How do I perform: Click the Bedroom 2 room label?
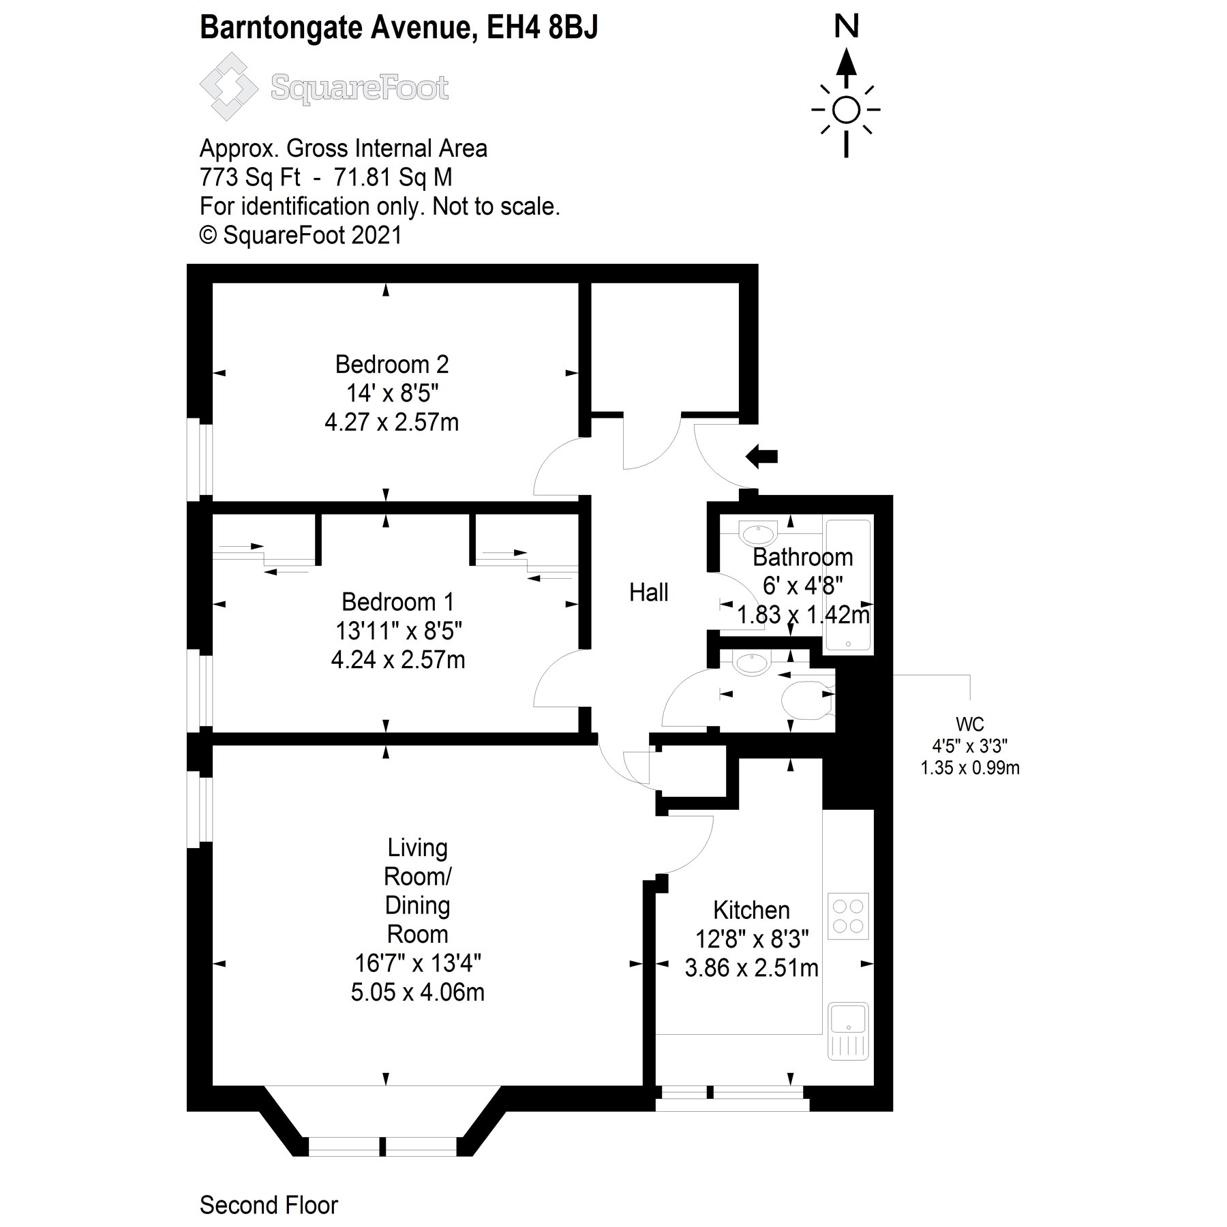pyautogui.click(x=391, y=365)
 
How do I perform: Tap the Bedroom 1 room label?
pyautogui.click(x=397, y=602)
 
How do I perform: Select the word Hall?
pyautogui.click(x=648, y=592)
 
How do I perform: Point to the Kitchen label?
pyautogui.click(x=751, y=910)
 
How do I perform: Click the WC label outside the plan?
pyautogui.click(x=969, y=724)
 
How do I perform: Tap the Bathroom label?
pyautogui.click(x=802, y=557)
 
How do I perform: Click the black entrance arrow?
pyautogui.click(x=761, y=456)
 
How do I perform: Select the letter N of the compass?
pyautogui.click(x=846, y=27)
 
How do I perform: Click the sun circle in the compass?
pyautogui.click(x=846, y=110)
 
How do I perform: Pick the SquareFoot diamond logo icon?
pyautogui.click(x=228, y=87)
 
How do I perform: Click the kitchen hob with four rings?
pyautogui.click(x=848, y=916)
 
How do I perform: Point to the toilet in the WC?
pyautogui.click(x=806, y=700)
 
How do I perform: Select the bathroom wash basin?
pyautogui.click(x=757, y=531)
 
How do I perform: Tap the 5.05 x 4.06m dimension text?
pyautogui.click(x=417, y=992)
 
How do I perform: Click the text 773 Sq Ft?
pyautogui.click(x=249, y=177)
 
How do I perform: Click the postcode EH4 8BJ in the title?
pyautogui.click(x=542, y=28)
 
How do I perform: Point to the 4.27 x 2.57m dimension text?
pyautogui.click(x=391, y=423)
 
